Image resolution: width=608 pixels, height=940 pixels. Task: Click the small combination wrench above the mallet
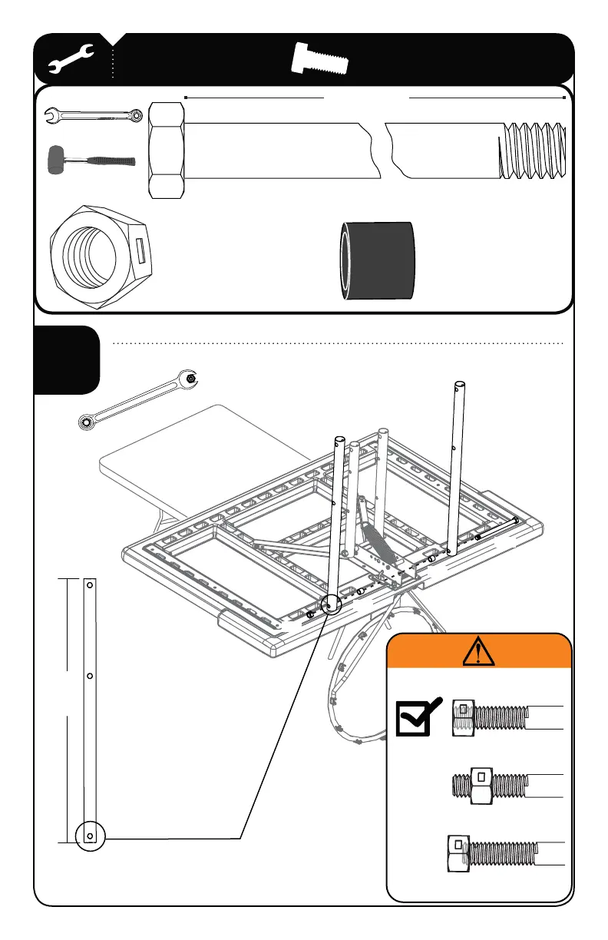92,116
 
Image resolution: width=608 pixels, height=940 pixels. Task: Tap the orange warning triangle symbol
478,652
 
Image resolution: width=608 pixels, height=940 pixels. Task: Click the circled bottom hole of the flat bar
90,835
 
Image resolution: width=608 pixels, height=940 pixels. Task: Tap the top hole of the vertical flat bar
90,585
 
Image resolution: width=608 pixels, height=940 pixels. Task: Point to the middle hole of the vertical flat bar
90,676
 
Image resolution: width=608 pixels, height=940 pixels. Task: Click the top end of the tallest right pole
459,385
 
